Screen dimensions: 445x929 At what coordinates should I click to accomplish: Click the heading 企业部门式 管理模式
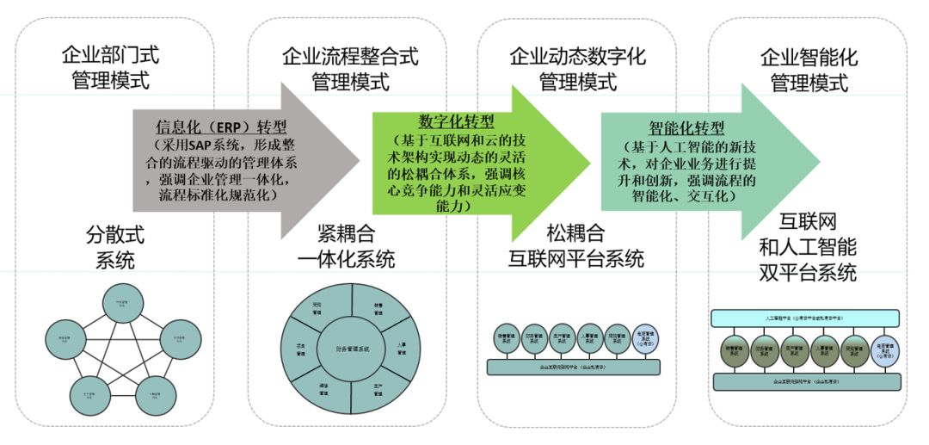pyautogui.click(x=110, y=70)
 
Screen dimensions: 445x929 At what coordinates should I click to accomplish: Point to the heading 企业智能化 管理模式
pyautogui.click(x=809, y=70)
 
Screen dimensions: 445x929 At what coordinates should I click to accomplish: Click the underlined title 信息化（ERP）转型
pyautogui.click(x=221, y=127)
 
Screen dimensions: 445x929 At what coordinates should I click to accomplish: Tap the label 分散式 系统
pyautogui.click(x=110, y=248)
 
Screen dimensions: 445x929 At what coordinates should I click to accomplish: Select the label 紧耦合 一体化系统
pyautogui.click(x=344, y=248)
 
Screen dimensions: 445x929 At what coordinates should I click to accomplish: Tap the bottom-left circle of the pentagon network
pyautogui.click(x=89, y=395)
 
